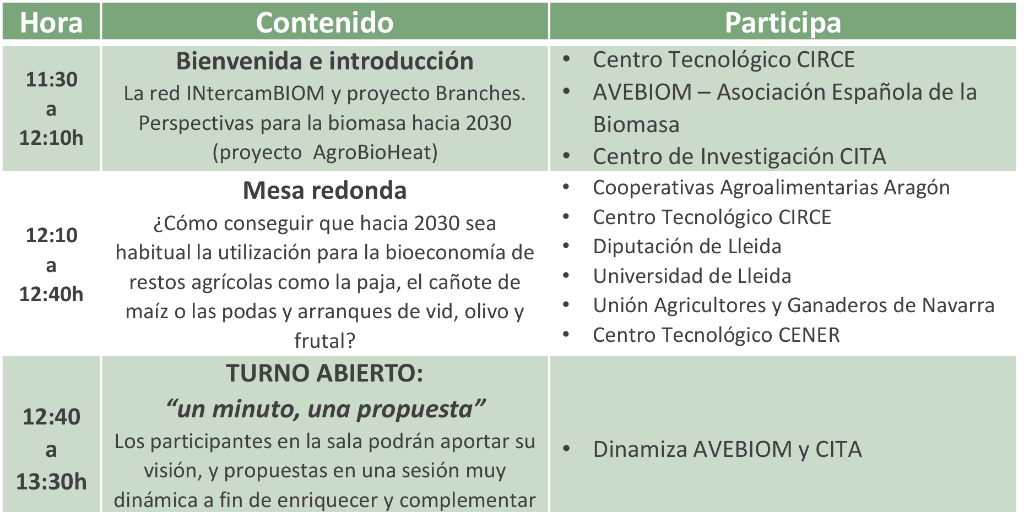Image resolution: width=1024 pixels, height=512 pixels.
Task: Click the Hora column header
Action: (x=51, y=23)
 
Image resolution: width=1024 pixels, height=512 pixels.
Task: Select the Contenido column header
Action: (x=325, y=23)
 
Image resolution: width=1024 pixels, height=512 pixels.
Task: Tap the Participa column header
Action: (x=783, y=23)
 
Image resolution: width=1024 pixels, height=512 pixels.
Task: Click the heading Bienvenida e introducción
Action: (x=325, y=61)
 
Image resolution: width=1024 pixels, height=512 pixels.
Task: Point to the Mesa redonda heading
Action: (x=325, y=190)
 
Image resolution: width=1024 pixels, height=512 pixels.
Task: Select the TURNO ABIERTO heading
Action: (x=325, y=373)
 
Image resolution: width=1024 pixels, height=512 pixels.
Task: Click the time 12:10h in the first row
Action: (x=51, y=138)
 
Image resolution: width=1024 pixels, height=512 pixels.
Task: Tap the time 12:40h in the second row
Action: (x=51, y=294)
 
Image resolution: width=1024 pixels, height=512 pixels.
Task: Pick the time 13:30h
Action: (x=51, y=482)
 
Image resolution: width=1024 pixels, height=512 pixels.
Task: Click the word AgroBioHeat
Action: (x=375, y=152)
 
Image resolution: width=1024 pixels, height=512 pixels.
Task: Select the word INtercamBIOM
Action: (x=256, y=94)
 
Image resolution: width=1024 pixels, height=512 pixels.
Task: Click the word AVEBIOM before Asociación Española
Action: (x=642, y=92)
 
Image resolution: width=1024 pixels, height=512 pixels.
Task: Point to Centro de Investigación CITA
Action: (x=739, y=157)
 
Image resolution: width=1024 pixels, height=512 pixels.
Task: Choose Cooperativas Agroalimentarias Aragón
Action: (x=771, y=188)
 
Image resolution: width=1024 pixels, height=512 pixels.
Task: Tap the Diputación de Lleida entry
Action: (x=687, y=247)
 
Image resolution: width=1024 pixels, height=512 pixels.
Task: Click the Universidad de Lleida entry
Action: (x=692, y=276)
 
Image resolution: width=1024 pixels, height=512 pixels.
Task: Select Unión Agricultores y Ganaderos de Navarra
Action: (x=794, y=306)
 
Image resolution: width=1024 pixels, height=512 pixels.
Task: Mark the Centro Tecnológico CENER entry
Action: (x=716, y=335)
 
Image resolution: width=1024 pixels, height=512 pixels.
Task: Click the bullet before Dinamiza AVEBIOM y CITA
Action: (x=567, y=449)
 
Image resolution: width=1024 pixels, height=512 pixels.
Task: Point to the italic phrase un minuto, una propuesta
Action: (x=325, y=410)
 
